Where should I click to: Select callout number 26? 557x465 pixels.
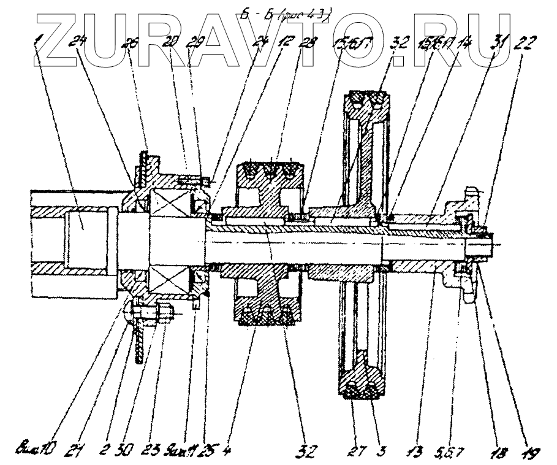pyautogui.click(x=131, y=45)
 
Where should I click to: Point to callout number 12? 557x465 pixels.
pyautogui.click(x=284, y=44)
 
